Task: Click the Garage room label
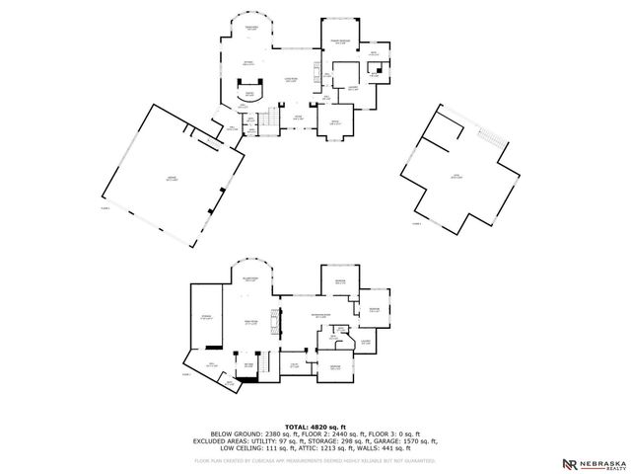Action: [x=171, y=179]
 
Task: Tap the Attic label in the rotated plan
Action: [x=456, y=178]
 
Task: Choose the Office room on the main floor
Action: [x=334, y=122]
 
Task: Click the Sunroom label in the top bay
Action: [x=251, y=29]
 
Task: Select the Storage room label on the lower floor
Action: [x=207, y=319]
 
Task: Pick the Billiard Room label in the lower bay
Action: [x=251, y=280]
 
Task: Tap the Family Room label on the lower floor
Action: [x=251, y=322]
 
